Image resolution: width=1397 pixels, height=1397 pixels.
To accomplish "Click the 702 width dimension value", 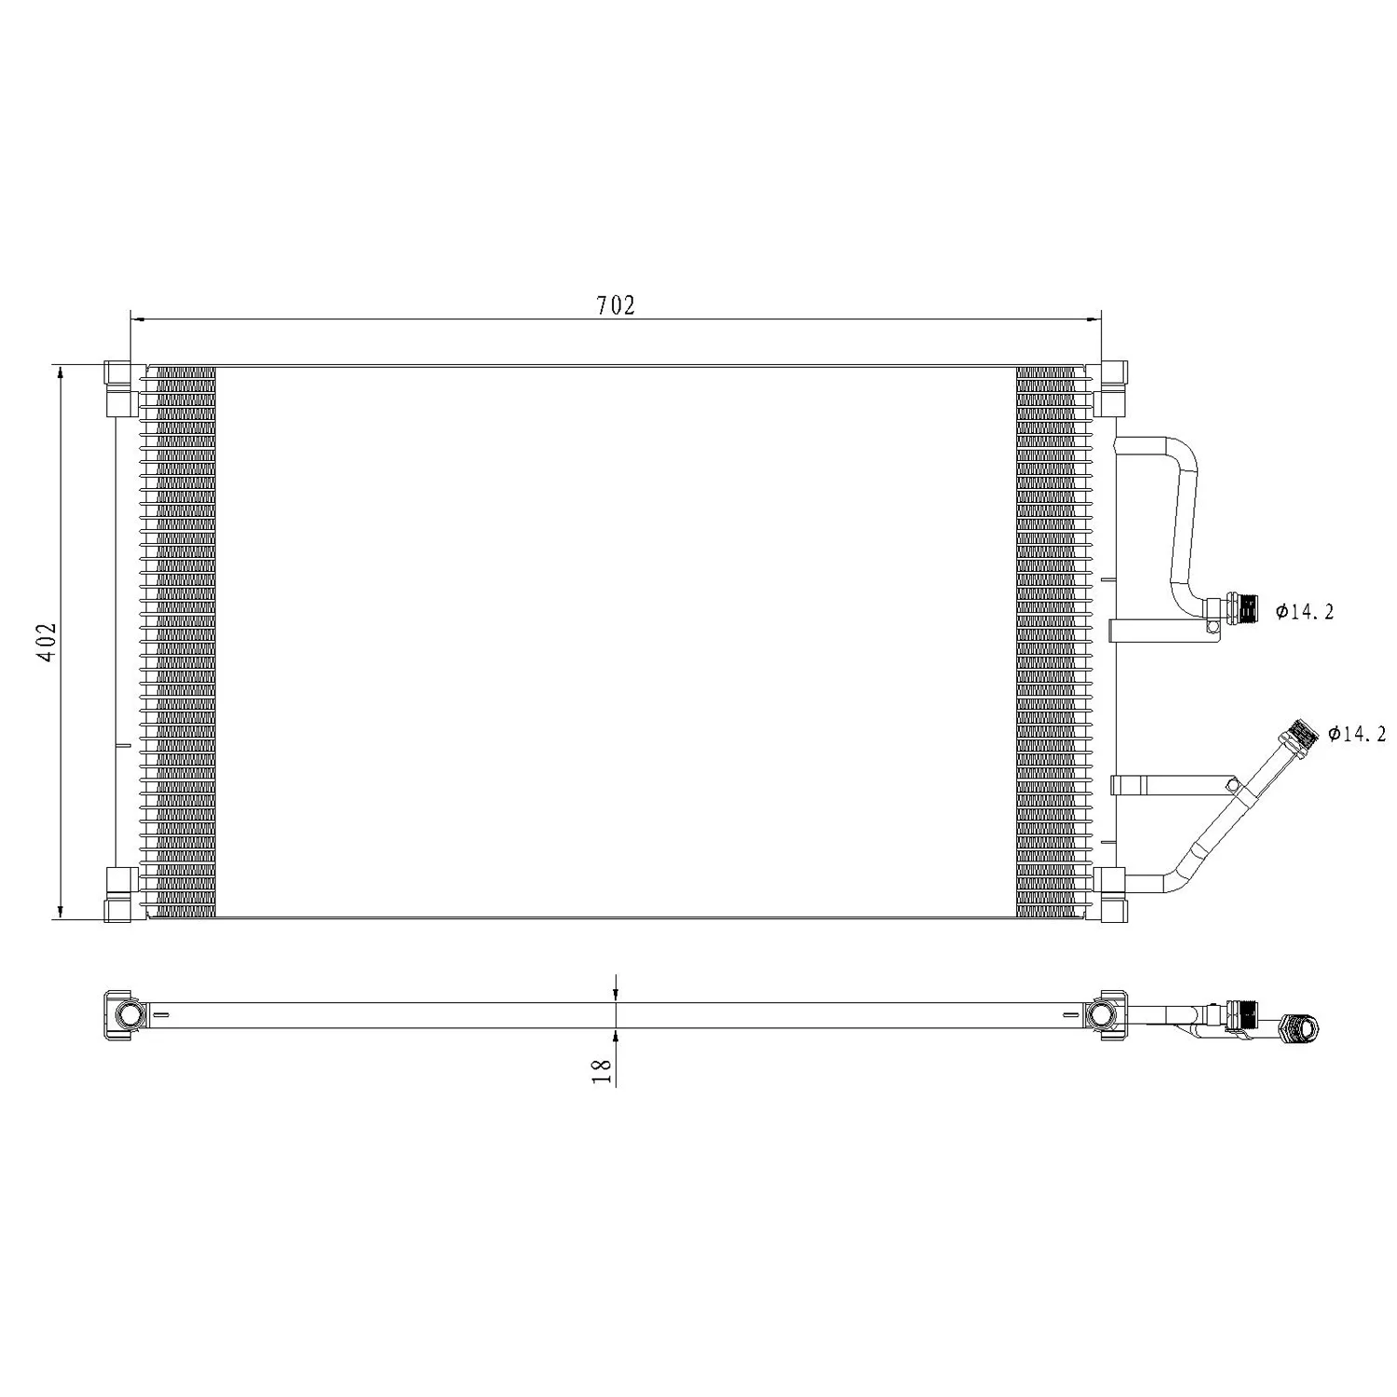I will pyautogui.click(x=616, y=305).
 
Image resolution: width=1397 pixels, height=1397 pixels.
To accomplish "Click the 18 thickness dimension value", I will pyautogui.click(x=604, y=1070).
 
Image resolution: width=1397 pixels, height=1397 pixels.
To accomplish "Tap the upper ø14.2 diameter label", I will pyautogui.click(x=1304, y=612).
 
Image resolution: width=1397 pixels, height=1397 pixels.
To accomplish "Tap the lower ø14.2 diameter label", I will pyautogui.click(x=1356, y=735).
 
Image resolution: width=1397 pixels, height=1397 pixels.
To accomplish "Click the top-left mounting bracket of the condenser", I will pyautogui.click(x=117, y=387).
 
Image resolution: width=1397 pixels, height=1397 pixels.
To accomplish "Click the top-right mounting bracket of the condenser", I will pyautogui.click(x=1111, y=387).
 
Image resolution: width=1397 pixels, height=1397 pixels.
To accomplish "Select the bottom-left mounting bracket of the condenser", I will pyautogui.click(x=117, y=894).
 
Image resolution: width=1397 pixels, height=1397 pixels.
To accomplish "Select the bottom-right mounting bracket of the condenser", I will pyautogui.click(x=1111, y=894).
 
